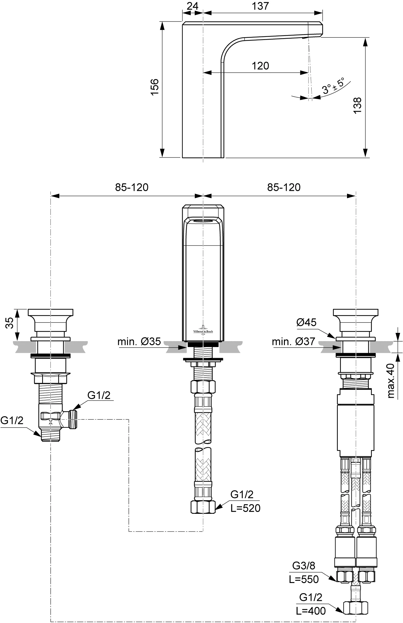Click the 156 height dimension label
click(154, 87)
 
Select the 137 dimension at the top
click(261, 6)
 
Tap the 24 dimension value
click(193, 6)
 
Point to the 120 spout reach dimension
click(261, 66)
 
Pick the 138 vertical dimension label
click(357, 106)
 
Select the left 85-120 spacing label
click(132, 187)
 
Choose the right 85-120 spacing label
click(284, 187)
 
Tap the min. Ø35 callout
click(139, 341)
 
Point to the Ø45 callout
click(306, 322)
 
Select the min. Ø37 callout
click(293, 341)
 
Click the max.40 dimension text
click(391, 381)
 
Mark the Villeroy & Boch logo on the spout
click(203, 329)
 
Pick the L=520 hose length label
click(245, 508)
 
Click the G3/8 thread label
click(304, 565)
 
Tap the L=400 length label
click(311, 611)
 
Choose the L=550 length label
click(304, 579)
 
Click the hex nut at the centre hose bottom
click(203, 507)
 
